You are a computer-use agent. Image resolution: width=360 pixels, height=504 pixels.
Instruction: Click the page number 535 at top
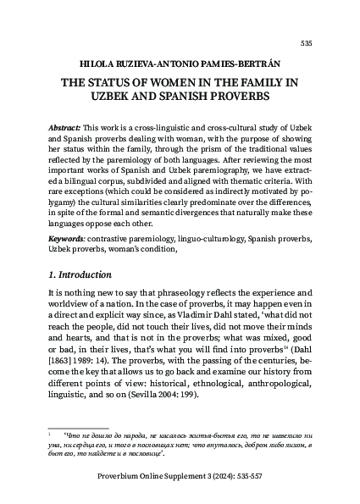click(307, 43)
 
